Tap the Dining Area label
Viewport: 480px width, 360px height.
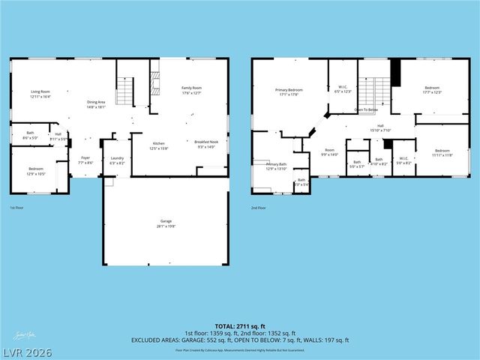(95, 103)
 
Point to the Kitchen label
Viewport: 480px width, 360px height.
(159, 144)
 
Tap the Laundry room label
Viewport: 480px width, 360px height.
(117, 159)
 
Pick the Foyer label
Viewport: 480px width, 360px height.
(86, 159)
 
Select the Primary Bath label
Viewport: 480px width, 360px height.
(276, 165)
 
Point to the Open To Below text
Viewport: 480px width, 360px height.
(366, 109)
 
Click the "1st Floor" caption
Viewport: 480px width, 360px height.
(17, 208)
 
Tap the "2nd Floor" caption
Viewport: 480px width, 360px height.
(259, 208)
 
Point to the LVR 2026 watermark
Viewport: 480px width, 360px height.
(27, 350)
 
